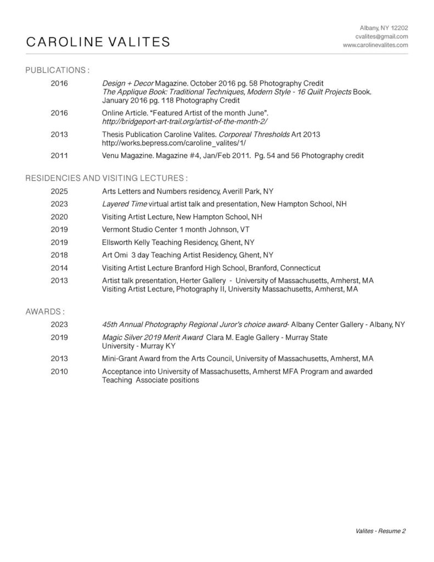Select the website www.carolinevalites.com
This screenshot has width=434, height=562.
pyautogui.click(x=375, y=45)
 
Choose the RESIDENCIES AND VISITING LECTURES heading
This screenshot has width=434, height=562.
pyautogui.click(x=106, y=178)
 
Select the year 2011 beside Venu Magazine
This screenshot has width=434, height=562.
pyautogui.click(x=59, y=156)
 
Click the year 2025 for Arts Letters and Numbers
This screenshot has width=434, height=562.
pyautogui.click(x=59, y=192)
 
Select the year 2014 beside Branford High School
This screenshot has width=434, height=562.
pyautogui.click(x=59, y=268)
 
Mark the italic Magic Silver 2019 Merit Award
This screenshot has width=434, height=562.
pyautogui.click(x=152, y=337)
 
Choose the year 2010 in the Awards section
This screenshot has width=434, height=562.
pyautogui.click(x=59, y=372)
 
